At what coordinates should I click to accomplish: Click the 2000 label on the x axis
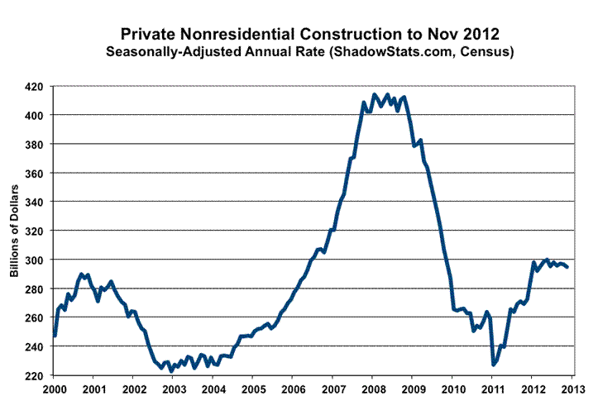coord(55,389)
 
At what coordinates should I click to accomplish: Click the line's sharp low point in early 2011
coord(494,364)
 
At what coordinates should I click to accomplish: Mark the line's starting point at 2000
coord(55,336)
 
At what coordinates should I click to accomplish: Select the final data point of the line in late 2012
coord(567,267)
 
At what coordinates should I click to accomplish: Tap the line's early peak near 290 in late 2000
coord(81,274)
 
